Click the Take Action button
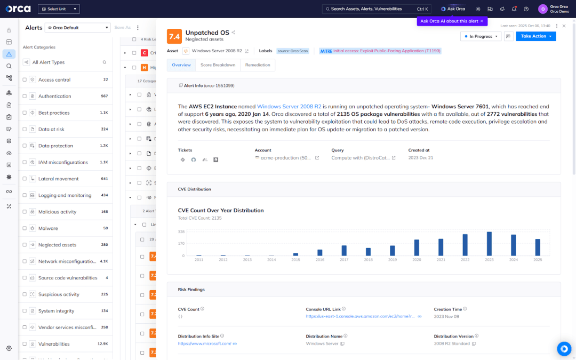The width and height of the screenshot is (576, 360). tap(535, 36)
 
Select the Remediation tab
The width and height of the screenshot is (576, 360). tap(258, 65)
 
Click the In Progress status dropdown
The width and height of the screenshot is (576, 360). tap(481, 36)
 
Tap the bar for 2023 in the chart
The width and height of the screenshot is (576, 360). tap(489, 244)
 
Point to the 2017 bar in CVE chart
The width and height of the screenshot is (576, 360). tap(344, 250)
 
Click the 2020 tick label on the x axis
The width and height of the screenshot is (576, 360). tap(417, 260)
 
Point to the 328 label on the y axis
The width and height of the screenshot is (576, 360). tap(181, 232)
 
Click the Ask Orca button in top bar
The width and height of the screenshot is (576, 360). tap(453, 9)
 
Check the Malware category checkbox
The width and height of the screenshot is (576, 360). tap(25, 228)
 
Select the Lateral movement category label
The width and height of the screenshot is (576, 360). tap(58, 179)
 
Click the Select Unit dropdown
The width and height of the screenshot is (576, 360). tap(59, 9)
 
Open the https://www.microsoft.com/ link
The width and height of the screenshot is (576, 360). tap(205, 343)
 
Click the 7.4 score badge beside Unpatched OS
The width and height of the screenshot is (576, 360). tap(174, 36)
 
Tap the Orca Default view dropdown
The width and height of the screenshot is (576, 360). tap(78, 28)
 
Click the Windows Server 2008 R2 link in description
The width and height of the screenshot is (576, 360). tap(289, 107)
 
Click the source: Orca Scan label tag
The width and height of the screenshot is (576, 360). tap(293, 51)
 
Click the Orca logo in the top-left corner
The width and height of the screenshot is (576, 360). tap(19, 9)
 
